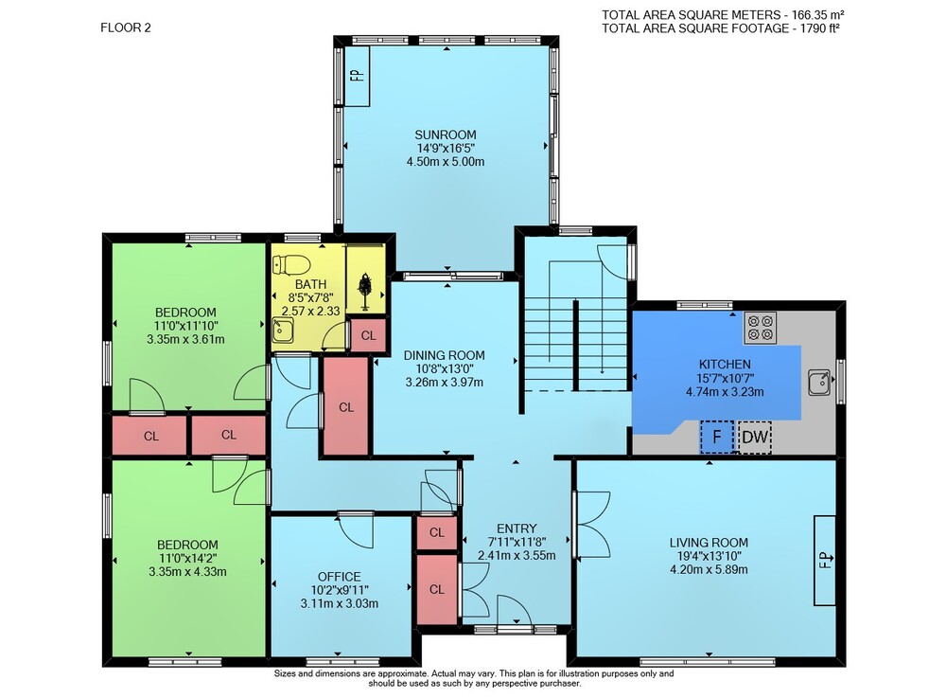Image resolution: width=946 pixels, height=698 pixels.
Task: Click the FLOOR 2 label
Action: (x=126, y=27)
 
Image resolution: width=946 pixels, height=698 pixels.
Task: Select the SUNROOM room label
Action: (x=446, y=134)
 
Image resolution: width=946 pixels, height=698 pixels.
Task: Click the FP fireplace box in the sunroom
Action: (x=357, y=76)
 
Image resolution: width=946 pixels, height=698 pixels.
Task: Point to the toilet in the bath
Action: (x=291, y=265)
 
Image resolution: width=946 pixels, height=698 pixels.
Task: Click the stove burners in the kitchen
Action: (x=761, y=328)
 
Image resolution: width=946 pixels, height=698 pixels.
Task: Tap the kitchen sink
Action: (x=819, y=383)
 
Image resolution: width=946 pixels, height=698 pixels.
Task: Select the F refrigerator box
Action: (x=717, y=437)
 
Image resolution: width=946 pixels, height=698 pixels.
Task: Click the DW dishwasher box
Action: (x=754, y=437)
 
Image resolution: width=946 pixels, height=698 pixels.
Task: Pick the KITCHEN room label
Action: (x=725, y=364)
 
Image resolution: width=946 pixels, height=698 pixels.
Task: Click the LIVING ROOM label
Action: (x=709, y=543)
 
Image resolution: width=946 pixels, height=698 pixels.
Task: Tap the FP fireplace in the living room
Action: (x=825, y=561)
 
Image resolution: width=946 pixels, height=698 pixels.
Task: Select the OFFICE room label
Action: (x=339, y=577)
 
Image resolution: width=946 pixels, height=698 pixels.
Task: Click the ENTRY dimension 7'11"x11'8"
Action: (x=517, y=543)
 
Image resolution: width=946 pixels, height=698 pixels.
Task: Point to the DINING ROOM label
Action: (x=444, y=356)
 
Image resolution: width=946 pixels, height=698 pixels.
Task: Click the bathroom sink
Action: (x=282, y=331)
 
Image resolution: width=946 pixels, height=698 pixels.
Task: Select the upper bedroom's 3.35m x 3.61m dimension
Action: (x=185, y=339)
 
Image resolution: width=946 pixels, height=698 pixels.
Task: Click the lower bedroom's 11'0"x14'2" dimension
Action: (x=187, y=558)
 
